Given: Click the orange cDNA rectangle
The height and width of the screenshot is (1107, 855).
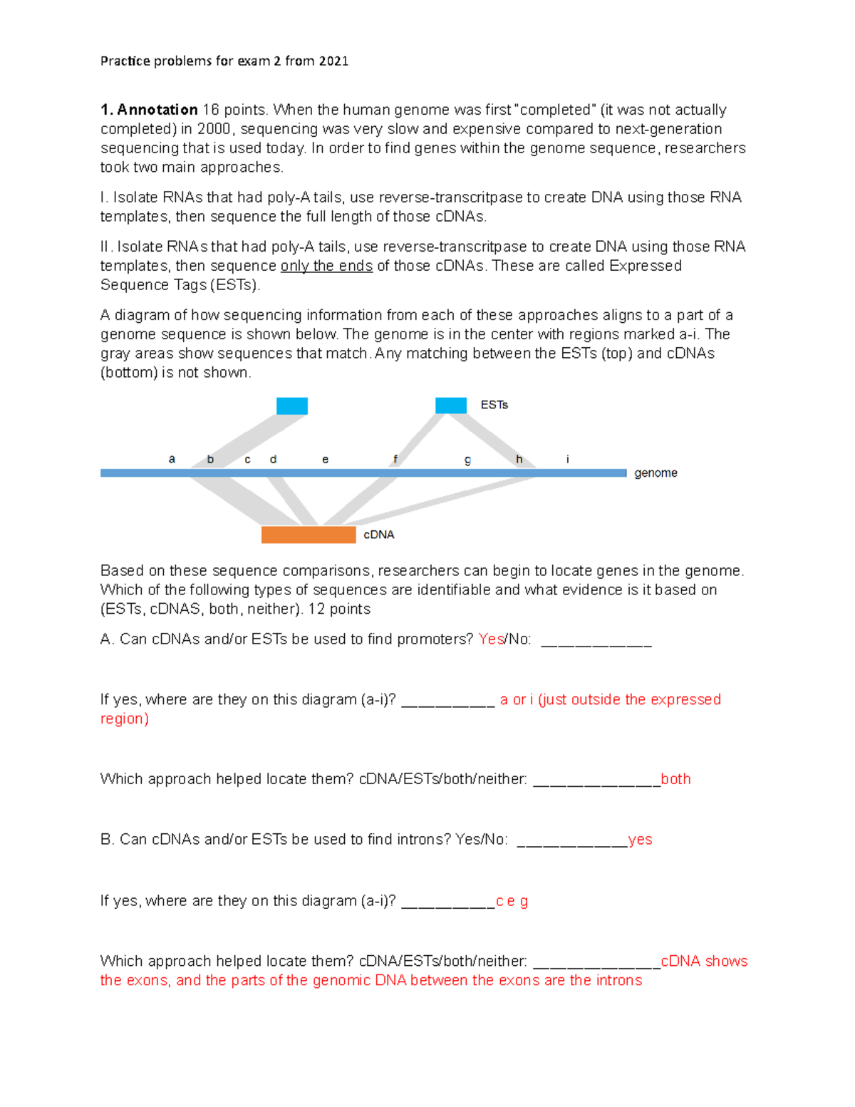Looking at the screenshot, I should pyautogui.click(x=309, y=535).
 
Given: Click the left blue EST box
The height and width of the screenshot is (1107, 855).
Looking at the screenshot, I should pyautogui.click(x=292, y=406).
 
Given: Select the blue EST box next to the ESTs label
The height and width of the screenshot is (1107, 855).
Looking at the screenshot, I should pyautogui.click(x=451, y=406).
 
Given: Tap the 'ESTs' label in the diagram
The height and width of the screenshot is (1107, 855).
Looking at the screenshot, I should pyautogui.click(x=494, y=405).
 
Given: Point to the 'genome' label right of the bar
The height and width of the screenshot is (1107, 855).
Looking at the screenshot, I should pyautogui.click(x=655, y=473).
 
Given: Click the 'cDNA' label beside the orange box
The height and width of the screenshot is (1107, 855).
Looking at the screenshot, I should pyautogui.click(x=378, y=535).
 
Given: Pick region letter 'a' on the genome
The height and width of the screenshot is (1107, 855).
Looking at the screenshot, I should pyautogui.click(x=172, y=460).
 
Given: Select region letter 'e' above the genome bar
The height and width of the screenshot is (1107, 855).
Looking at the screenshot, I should pyautogui.click(x=325, y=460).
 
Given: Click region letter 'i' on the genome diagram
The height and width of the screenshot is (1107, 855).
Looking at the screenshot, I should pyautogui.click(x=567, y=460).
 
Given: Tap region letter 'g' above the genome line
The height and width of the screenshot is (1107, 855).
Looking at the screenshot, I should pyautogui.click(x=467, y=460).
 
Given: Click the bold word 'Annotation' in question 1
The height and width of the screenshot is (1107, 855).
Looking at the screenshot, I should pyautogui.click(x=157, y=110).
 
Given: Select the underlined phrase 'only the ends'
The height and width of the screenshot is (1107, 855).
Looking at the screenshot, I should pyautogui.click(x=326, y=266).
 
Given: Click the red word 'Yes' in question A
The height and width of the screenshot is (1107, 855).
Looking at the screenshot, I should pyautogui.click(x=491, y=639).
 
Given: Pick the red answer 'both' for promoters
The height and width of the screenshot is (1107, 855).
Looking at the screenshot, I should pyautogui.click(x=675, y=779).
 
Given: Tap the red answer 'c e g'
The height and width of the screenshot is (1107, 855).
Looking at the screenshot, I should pyautogui.click(x=512, y=901).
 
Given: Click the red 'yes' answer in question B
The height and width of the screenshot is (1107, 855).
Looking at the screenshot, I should pyautogui.click(x=640, y=840).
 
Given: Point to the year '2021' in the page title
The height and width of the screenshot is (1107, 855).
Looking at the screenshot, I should pyautogui.click(x=333, y=61).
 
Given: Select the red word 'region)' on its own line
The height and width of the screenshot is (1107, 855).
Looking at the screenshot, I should pyautogui.click(x=125, y=719).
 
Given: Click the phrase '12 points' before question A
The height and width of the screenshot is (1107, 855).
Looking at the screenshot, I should pyautogui.click(x=339, y=609).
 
